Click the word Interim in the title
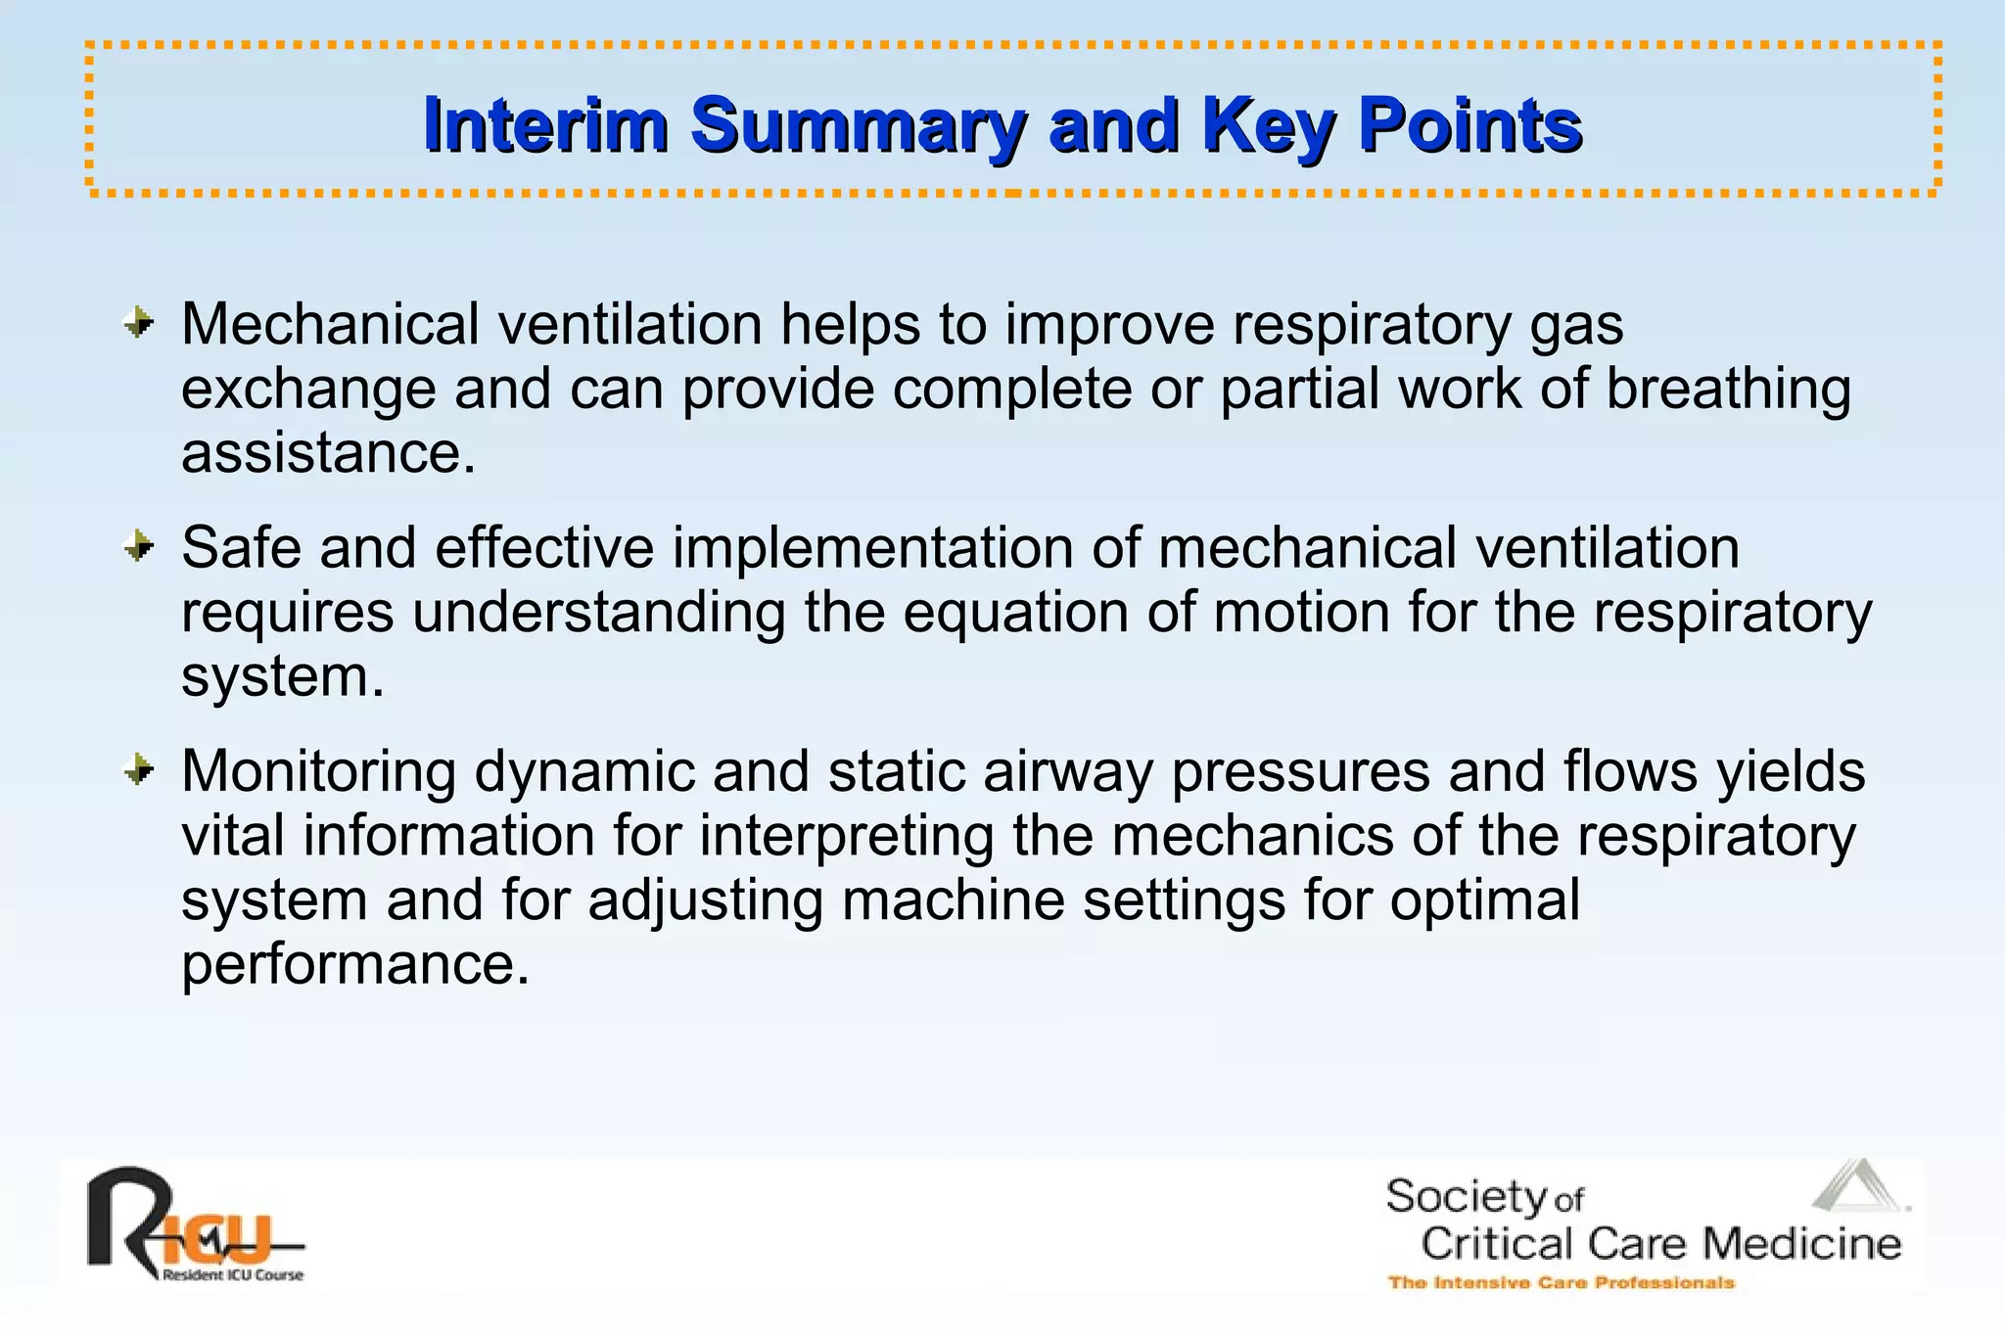pos(545,125)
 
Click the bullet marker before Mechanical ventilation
pos(139,322)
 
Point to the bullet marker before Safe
pos(139,546)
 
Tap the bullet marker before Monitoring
pos(139,770)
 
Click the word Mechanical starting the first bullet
pos(330,324)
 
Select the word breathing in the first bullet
pos(1728,389)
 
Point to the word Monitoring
pos(318,772)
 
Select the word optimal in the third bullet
pos(1484,899)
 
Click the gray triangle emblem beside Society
pos(1857,1186)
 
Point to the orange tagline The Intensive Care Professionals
pos(1561,1282)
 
